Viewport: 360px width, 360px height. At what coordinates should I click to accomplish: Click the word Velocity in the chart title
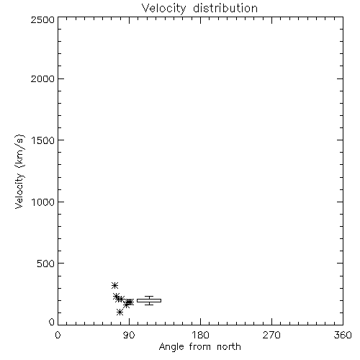pos(164,9)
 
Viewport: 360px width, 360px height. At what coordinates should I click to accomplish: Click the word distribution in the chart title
pos(225,8)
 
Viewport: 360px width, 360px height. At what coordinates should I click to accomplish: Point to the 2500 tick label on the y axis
pos(42,19)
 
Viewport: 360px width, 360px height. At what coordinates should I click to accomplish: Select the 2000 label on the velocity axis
pos(42,79)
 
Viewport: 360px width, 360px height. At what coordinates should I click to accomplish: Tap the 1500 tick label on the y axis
pos(43,140)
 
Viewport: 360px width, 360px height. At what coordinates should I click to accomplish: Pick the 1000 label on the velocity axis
pos(43,202)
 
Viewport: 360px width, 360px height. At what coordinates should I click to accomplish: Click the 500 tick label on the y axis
pos(46,264)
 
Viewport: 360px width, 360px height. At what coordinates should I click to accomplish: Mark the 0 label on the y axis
pos(52,322)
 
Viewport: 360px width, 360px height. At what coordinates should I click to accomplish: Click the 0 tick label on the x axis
pos(58,335)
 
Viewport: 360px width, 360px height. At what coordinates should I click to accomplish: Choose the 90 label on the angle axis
pos(129,335)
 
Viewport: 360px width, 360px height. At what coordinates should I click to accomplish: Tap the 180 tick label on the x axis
pos(200,335)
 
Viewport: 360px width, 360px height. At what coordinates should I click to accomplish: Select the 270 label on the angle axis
pos(271,335)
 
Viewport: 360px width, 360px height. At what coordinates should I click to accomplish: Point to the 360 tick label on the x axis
pos(343,335)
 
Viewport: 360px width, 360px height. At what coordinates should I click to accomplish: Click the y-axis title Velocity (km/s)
pos(19,171)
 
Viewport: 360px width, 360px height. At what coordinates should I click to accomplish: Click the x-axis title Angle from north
pos(200,347)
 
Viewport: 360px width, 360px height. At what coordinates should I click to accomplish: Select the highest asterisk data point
pos(114,285)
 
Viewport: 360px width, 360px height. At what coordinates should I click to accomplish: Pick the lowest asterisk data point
pos(120,312)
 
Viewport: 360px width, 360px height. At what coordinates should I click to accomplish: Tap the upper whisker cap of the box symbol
pos(149,297)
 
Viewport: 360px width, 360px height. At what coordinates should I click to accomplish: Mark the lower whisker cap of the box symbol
pos(149,305)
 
